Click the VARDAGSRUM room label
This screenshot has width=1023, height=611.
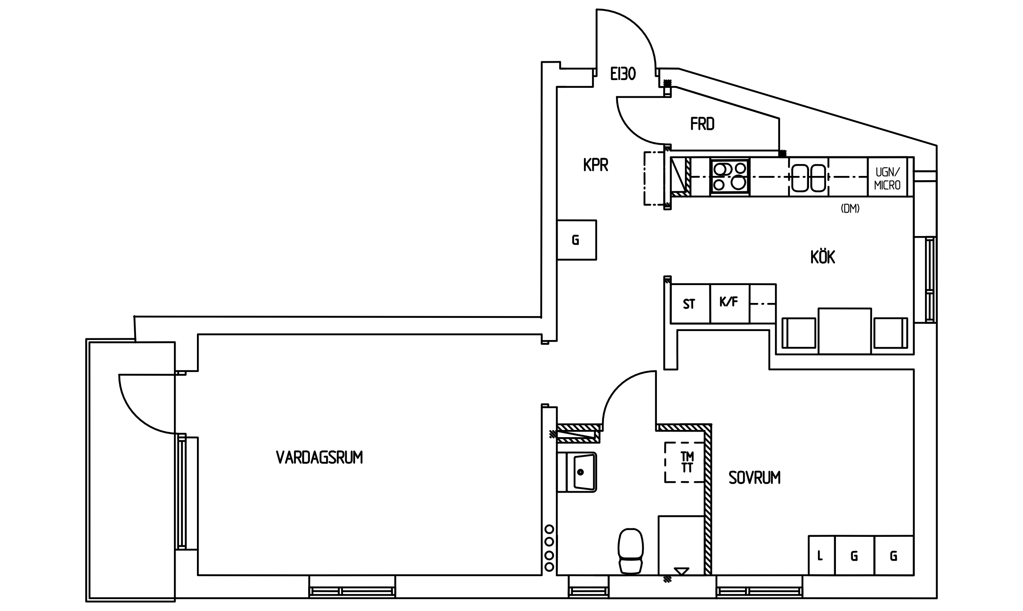click(319, 458)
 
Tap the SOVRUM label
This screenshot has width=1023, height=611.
click(754, 478)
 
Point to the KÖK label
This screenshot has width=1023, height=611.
click(823, 257)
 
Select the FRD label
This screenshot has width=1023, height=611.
click(702, 124)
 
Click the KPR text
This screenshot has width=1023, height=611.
click(595, 165)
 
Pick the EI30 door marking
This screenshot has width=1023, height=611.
click(623, 74)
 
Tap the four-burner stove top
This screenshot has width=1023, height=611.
click(730, 176)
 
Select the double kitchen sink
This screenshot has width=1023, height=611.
click(809, 177)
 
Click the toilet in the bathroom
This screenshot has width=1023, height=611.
click(630, 551)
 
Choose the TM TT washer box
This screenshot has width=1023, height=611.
click(685, 462)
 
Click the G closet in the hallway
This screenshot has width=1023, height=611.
click(576, 240)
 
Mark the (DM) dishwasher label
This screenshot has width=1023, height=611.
click(850, 209)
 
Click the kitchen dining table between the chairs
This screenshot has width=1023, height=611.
click(844, 331)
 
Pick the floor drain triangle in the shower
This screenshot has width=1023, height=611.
click(682, 571)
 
